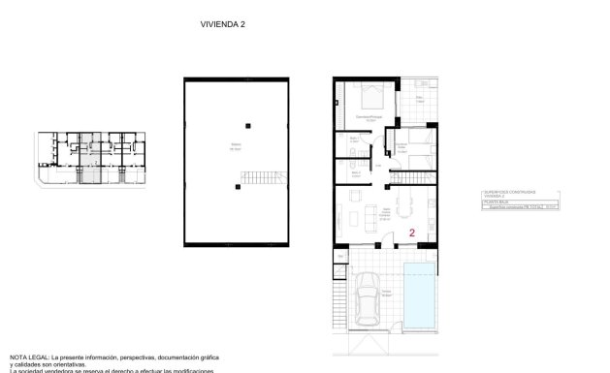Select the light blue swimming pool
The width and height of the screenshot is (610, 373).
tap(420, 295)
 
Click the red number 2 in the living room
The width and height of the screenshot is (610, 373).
tap(412, 233)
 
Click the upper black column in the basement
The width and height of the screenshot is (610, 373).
tap(248, 124)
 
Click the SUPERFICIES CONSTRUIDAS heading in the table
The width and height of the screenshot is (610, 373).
tap(508, 192)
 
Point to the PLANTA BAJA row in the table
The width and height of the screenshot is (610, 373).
tap(497, 202)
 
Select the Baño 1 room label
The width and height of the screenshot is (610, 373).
tap(354, 140)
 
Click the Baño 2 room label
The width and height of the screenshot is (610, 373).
tap(355, 174)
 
